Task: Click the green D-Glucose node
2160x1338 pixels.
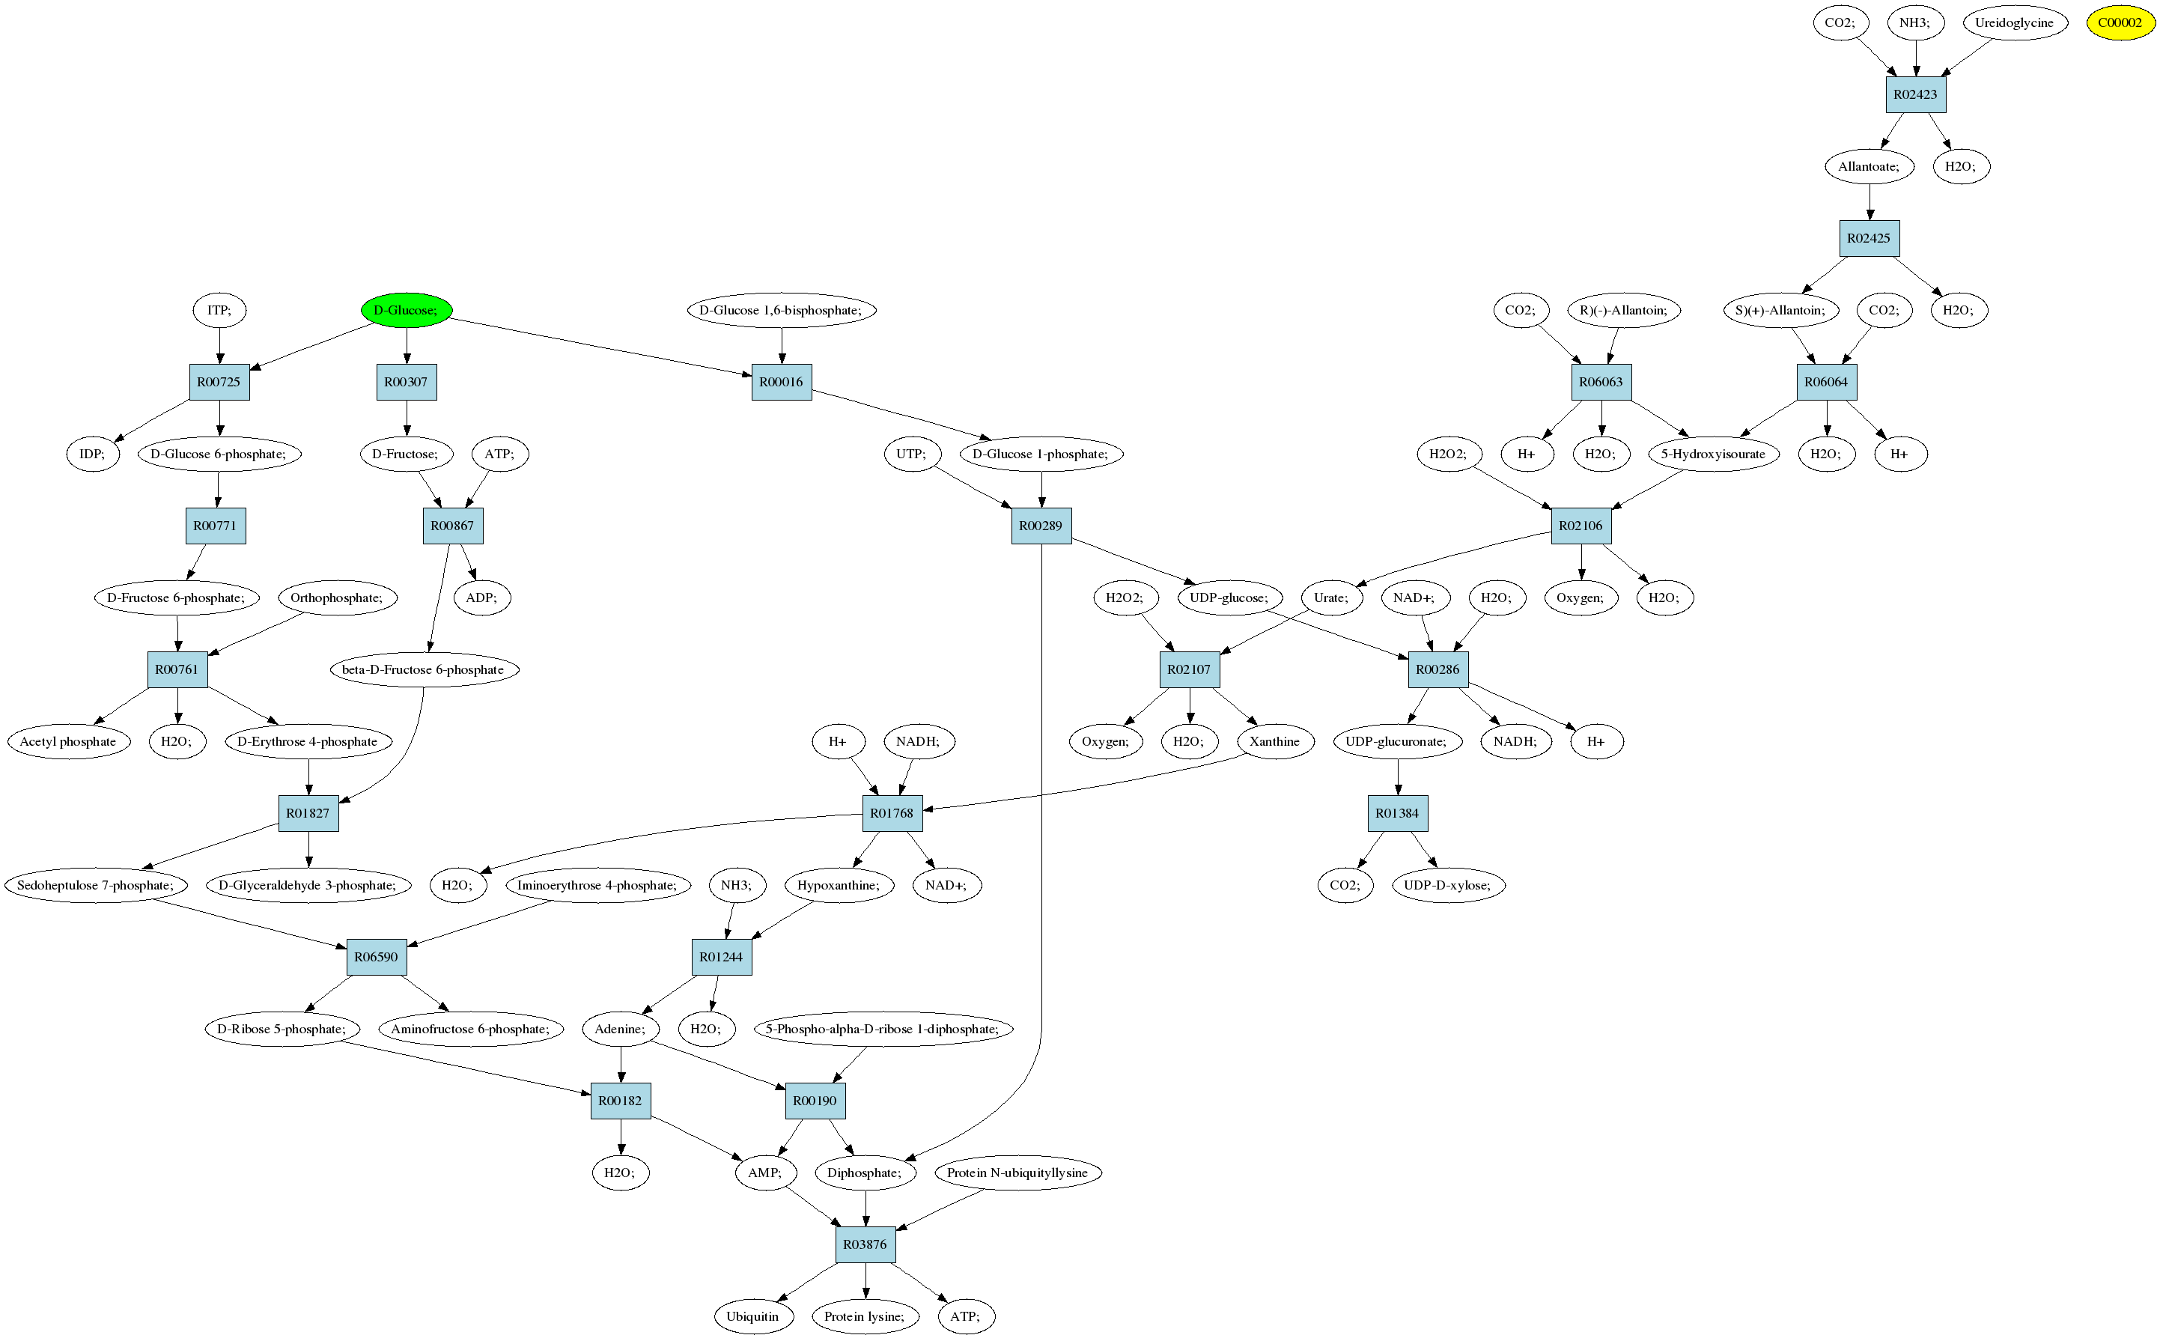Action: [406, 310]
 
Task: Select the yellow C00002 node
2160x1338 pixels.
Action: [2120, 23]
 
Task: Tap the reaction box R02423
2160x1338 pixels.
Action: [1915, 94]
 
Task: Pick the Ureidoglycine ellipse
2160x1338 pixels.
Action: [2015, 23]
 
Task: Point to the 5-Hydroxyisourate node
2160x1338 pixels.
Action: [1712, 454]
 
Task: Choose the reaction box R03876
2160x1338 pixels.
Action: [865, 1244]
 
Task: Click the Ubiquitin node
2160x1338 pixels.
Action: [752, 1316]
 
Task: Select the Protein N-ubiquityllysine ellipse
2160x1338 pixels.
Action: [1017, 1173]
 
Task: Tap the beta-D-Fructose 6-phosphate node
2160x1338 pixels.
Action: [423, 669]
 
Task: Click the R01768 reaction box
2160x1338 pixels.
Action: [892, 813]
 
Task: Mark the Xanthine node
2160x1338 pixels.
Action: [1274, 741]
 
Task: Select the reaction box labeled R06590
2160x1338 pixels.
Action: [376, 957]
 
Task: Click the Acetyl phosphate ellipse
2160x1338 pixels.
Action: [68, 741]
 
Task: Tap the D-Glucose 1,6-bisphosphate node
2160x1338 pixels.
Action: [780, 310]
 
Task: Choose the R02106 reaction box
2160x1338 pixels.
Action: [1581, 526]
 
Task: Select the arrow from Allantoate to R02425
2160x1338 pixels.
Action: [1870, 201]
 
